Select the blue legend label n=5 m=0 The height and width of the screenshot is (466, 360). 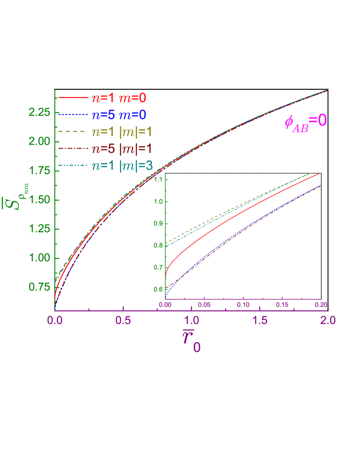tap(118, 115)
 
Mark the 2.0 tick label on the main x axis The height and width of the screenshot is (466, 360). tap(327, 321)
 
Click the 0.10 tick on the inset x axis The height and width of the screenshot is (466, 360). tap(243, 305)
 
